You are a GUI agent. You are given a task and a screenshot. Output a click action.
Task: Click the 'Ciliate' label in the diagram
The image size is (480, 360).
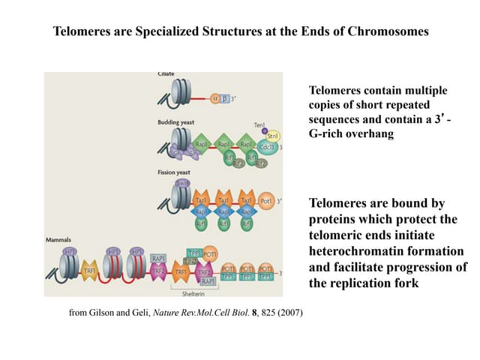tap(166, 75)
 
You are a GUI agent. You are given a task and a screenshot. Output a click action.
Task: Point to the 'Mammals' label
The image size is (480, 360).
tap(59, 240)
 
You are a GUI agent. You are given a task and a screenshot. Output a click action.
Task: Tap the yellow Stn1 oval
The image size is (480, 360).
tap(272, 136)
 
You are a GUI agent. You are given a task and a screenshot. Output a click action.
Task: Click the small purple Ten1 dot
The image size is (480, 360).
tap(264, 130)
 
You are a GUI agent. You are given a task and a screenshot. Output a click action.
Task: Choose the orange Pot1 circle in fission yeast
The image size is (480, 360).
tap(265, 200)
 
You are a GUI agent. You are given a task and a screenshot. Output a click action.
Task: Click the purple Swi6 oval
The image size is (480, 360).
tap(181, 183)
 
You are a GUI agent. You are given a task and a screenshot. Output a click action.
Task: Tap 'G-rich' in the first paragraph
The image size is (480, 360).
tap(328, 134)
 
